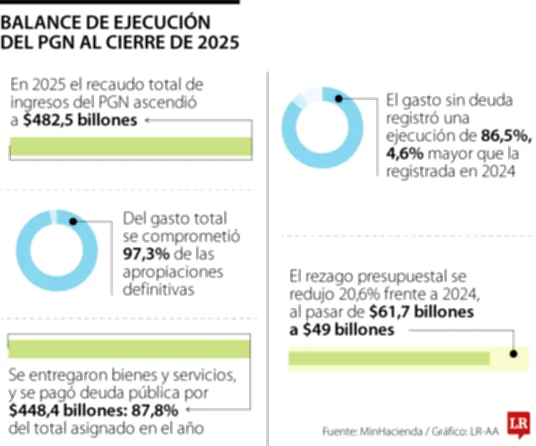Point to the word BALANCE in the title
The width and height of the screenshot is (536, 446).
(42, 22)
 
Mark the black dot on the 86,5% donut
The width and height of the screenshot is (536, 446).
(339, 98)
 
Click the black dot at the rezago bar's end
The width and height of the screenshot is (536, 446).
(514, 356)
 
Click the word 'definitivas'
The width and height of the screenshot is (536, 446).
(159, 290)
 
